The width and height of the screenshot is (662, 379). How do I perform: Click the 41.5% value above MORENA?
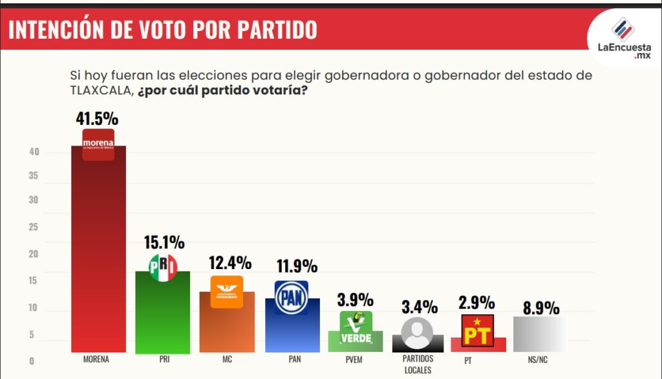tap(98, 118)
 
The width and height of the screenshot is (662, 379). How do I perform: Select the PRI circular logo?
tap(163, 267)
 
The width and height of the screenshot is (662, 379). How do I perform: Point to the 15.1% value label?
tap(164, 243)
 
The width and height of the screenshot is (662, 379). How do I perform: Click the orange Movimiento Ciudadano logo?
tap(227, 292)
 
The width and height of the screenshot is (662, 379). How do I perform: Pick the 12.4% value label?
tap(230, 263)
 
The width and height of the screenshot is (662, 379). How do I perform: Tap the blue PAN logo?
tap(292, 298)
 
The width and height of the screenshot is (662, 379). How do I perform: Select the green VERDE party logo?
tap(356, 328)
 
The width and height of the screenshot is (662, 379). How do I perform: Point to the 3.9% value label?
tap(355, 300)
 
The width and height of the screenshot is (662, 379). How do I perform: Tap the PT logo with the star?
tap(478, 330)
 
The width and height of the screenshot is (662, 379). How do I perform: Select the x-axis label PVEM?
tap(354, 360)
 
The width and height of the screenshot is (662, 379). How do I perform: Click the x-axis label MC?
tap(226, 360)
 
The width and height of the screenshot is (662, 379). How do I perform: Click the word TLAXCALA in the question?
tap(101, 91)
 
